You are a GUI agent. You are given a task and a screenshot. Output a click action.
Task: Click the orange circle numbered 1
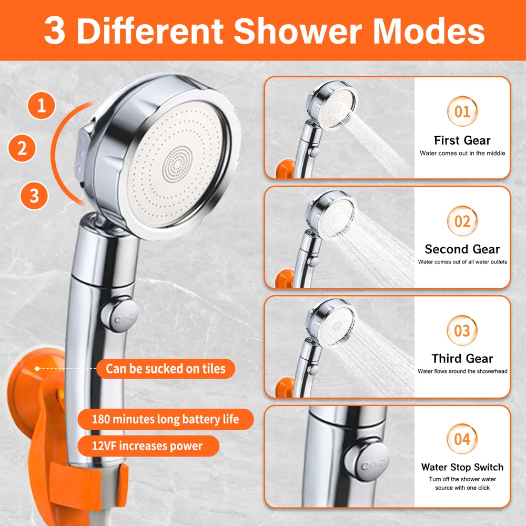click(x=42, y=106)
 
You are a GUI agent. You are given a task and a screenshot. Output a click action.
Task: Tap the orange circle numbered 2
click(x=22, y=148)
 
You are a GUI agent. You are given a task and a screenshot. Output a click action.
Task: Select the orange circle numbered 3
click(x=34, y=196)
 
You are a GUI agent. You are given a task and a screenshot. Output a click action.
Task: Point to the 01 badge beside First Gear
click(x=462, y=112)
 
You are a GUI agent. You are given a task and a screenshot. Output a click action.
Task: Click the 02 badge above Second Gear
click(x=462, y=221)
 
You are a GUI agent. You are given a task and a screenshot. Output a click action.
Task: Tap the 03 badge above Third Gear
click(x=462, y=330)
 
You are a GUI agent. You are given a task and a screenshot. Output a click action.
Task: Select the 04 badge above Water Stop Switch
click(x=462, y=439)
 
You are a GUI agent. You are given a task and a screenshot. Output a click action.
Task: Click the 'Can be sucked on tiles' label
click(x=166, y=369)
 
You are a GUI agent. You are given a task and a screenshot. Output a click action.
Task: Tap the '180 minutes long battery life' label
click(x=165, y=420)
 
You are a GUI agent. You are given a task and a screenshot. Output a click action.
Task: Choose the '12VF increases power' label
click(x=147, y=446)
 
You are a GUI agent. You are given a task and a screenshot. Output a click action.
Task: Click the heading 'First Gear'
click(x=462, y=140)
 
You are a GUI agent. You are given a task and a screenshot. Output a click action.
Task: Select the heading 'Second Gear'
click(x=462, y=249)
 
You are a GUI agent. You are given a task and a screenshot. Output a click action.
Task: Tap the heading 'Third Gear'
click(x=462, y=359)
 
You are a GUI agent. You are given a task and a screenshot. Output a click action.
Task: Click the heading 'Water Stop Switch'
click(x=462, y=467)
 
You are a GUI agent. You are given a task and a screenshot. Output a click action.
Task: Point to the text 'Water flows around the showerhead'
click(x=462, y=371)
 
